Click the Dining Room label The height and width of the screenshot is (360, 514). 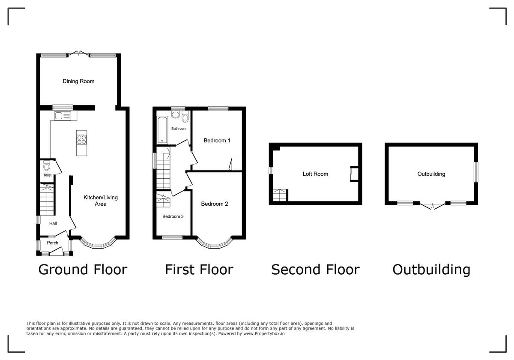(x=78, y=81)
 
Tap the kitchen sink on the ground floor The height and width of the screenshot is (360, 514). (x=62, y=115)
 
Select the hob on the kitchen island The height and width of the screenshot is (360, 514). (x=81, y=139)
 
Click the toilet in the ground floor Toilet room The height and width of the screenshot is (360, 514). (x=47, y=165)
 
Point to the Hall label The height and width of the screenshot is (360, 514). (x=53, y=223)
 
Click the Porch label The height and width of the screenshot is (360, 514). (x=53, y=243)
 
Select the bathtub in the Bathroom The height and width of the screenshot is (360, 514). (x=162, y=130)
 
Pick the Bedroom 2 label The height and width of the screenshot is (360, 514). (x=215, y=204)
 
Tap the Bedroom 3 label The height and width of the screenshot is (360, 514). (x=173, y=216)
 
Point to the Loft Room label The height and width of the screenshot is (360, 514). (x=315, y=174)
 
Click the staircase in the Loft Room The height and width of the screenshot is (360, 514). (x=280, y=195)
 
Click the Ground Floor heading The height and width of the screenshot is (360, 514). (x=83, y=270)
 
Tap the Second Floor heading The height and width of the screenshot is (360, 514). (x=315, y=270)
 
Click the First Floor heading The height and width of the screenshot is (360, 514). (x=199, y=270)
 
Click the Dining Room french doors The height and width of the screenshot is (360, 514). (x=78, y=54)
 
